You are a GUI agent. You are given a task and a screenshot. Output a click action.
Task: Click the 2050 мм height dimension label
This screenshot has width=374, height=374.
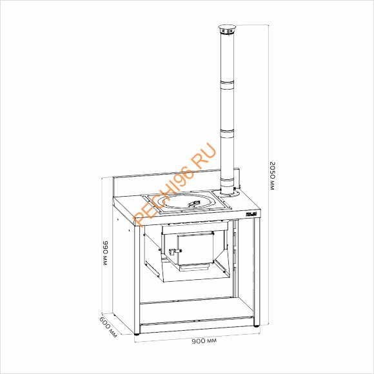point(272,175)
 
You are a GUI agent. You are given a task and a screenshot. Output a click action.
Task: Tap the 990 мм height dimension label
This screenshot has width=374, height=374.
point(106,253)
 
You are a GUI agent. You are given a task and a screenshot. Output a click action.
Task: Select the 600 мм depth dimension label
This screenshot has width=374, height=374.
point(108,327)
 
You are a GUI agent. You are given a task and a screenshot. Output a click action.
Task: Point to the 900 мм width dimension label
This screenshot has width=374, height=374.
point(204,340)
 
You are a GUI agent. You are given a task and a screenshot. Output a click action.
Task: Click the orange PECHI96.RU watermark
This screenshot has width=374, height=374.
point(175,184)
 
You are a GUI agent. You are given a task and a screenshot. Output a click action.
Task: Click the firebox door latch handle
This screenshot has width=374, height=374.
point(175,251)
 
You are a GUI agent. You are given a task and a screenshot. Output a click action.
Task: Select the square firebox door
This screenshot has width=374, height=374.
point(195,249)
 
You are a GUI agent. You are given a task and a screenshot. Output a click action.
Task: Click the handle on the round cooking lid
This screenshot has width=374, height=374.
point(194,203)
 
